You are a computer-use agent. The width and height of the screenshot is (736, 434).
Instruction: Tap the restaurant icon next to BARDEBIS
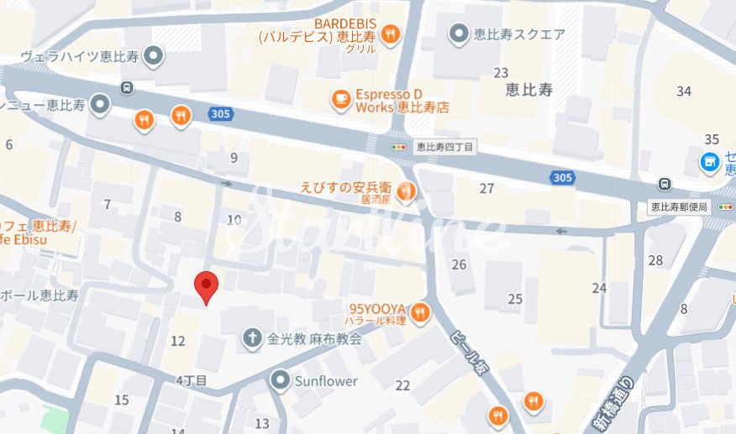tap(390, 34)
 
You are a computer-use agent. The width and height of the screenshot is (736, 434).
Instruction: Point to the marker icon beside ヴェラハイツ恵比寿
tap(154, 56)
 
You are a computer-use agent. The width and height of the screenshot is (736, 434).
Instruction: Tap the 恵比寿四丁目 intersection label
tap(445, 147)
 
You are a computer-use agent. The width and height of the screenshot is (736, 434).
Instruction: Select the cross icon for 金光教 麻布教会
tap(250, 339)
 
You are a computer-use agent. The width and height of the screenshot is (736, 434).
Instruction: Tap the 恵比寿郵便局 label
tap(680, 206)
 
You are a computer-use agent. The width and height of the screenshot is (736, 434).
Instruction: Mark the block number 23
tap(502, 72)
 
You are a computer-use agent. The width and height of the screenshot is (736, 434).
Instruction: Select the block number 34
tap(684, 91)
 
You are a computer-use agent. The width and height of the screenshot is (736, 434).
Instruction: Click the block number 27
tap(486, 188)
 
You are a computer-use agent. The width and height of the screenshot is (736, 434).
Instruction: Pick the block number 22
tap(402, 385)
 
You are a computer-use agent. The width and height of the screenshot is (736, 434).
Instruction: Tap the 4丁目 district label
tap(192, 380)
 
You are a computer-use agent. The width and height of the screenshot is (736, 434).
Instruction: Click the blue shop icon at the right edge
tap(711, 160)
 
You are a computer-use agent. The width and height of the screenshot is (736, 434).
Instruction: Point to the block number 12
tap(177, 341)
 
